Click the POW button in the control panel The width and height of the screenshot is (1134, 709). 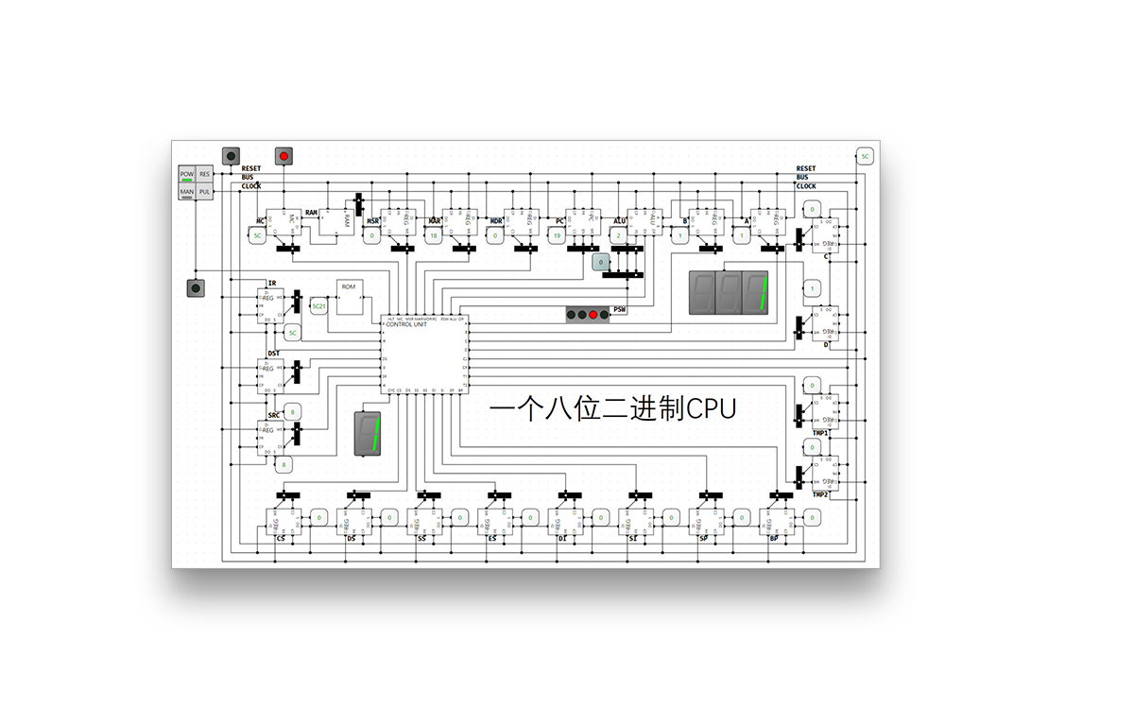click(x=187, y=175)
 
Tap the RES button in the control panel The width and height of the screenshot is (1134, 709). click(x=204, y=175)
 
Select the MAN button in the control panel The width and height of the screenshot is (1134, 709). click(x=187, y=192)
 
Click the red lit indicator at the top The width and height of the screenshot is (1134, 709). click(x=283, y=155)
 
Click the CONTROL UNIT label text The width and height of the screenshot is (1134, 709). click(x=406, y=324)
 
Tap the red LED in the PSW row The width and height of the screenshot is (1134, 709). click(x=593, y=315)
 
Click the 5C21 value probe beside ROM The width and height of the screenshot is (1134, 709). click(x=318, y=307)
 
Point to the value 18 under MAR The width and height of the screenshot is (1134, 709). click(x=433, y=236)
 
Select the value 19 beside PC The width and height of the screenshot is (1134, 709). click(x=558, y=236)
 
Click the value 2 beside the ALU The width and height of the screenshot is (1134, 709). click(x=618, y=236)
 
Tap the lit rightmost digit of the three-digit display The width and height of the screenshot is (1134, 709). click(x=755, y=293)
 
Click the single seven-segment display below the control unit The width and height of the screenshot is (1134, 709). click(x=369, y=434)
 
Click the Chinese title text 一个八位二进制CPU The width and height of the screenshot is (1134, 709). click(x=613, y=408)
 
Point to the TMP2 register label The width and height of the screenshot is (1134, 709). click(x=819, y=494)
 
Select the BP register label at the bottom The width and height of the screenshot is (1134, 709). click(x=774, y=538)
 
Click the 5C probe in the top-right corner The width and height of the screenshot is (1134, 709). click(x=865, y=156)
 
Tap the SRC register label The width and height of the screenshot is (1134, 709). click(x=274, y=416)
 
